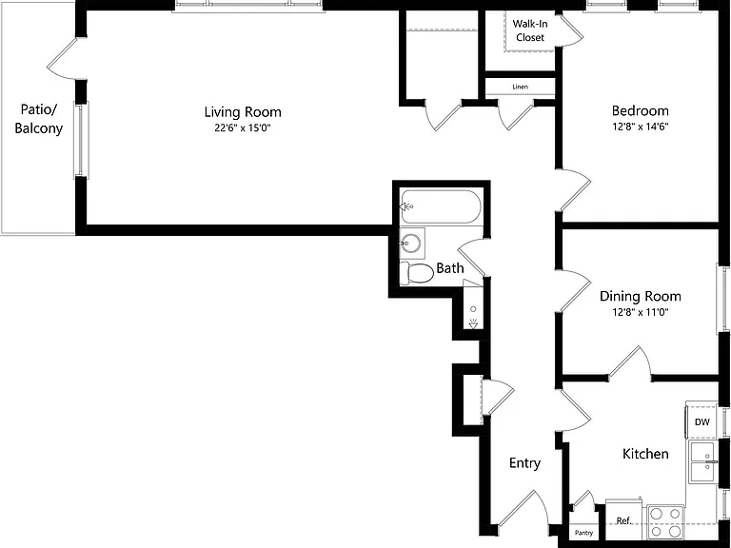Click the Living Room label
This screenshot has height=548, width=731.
243,112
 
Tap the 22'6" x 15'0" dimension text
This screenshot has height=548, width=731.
243,127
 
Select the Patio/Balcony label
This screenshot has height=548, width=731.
39,119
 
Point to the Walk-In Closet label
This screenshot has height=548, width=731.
530,30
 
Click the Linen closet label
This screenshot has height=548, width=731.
521,87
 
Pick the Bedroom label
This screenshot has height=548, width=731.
640,111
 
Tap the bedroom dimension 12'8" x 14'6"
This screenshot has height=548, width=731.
641,127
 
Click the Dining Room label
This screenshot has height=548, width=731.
640,297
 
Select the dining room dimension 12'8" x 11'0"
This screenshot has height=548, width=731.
641,312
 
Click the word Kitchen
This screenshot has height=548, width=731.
645,454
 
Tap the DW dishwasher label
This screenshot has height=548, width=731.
702,422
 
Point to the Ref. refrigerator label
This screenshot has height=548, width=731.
623,520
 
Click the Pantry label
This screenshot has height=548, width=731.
583,533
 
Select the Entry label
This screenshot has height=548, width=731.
525,462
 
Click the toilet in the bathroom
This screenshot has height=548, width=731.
417,273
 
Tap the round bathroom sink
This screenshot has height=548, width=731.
411,243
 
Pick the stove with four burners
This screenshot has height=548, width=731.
665,523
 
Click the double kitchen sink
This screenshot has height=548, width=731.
703,462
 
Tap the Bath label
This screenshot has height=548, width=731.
450,268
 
